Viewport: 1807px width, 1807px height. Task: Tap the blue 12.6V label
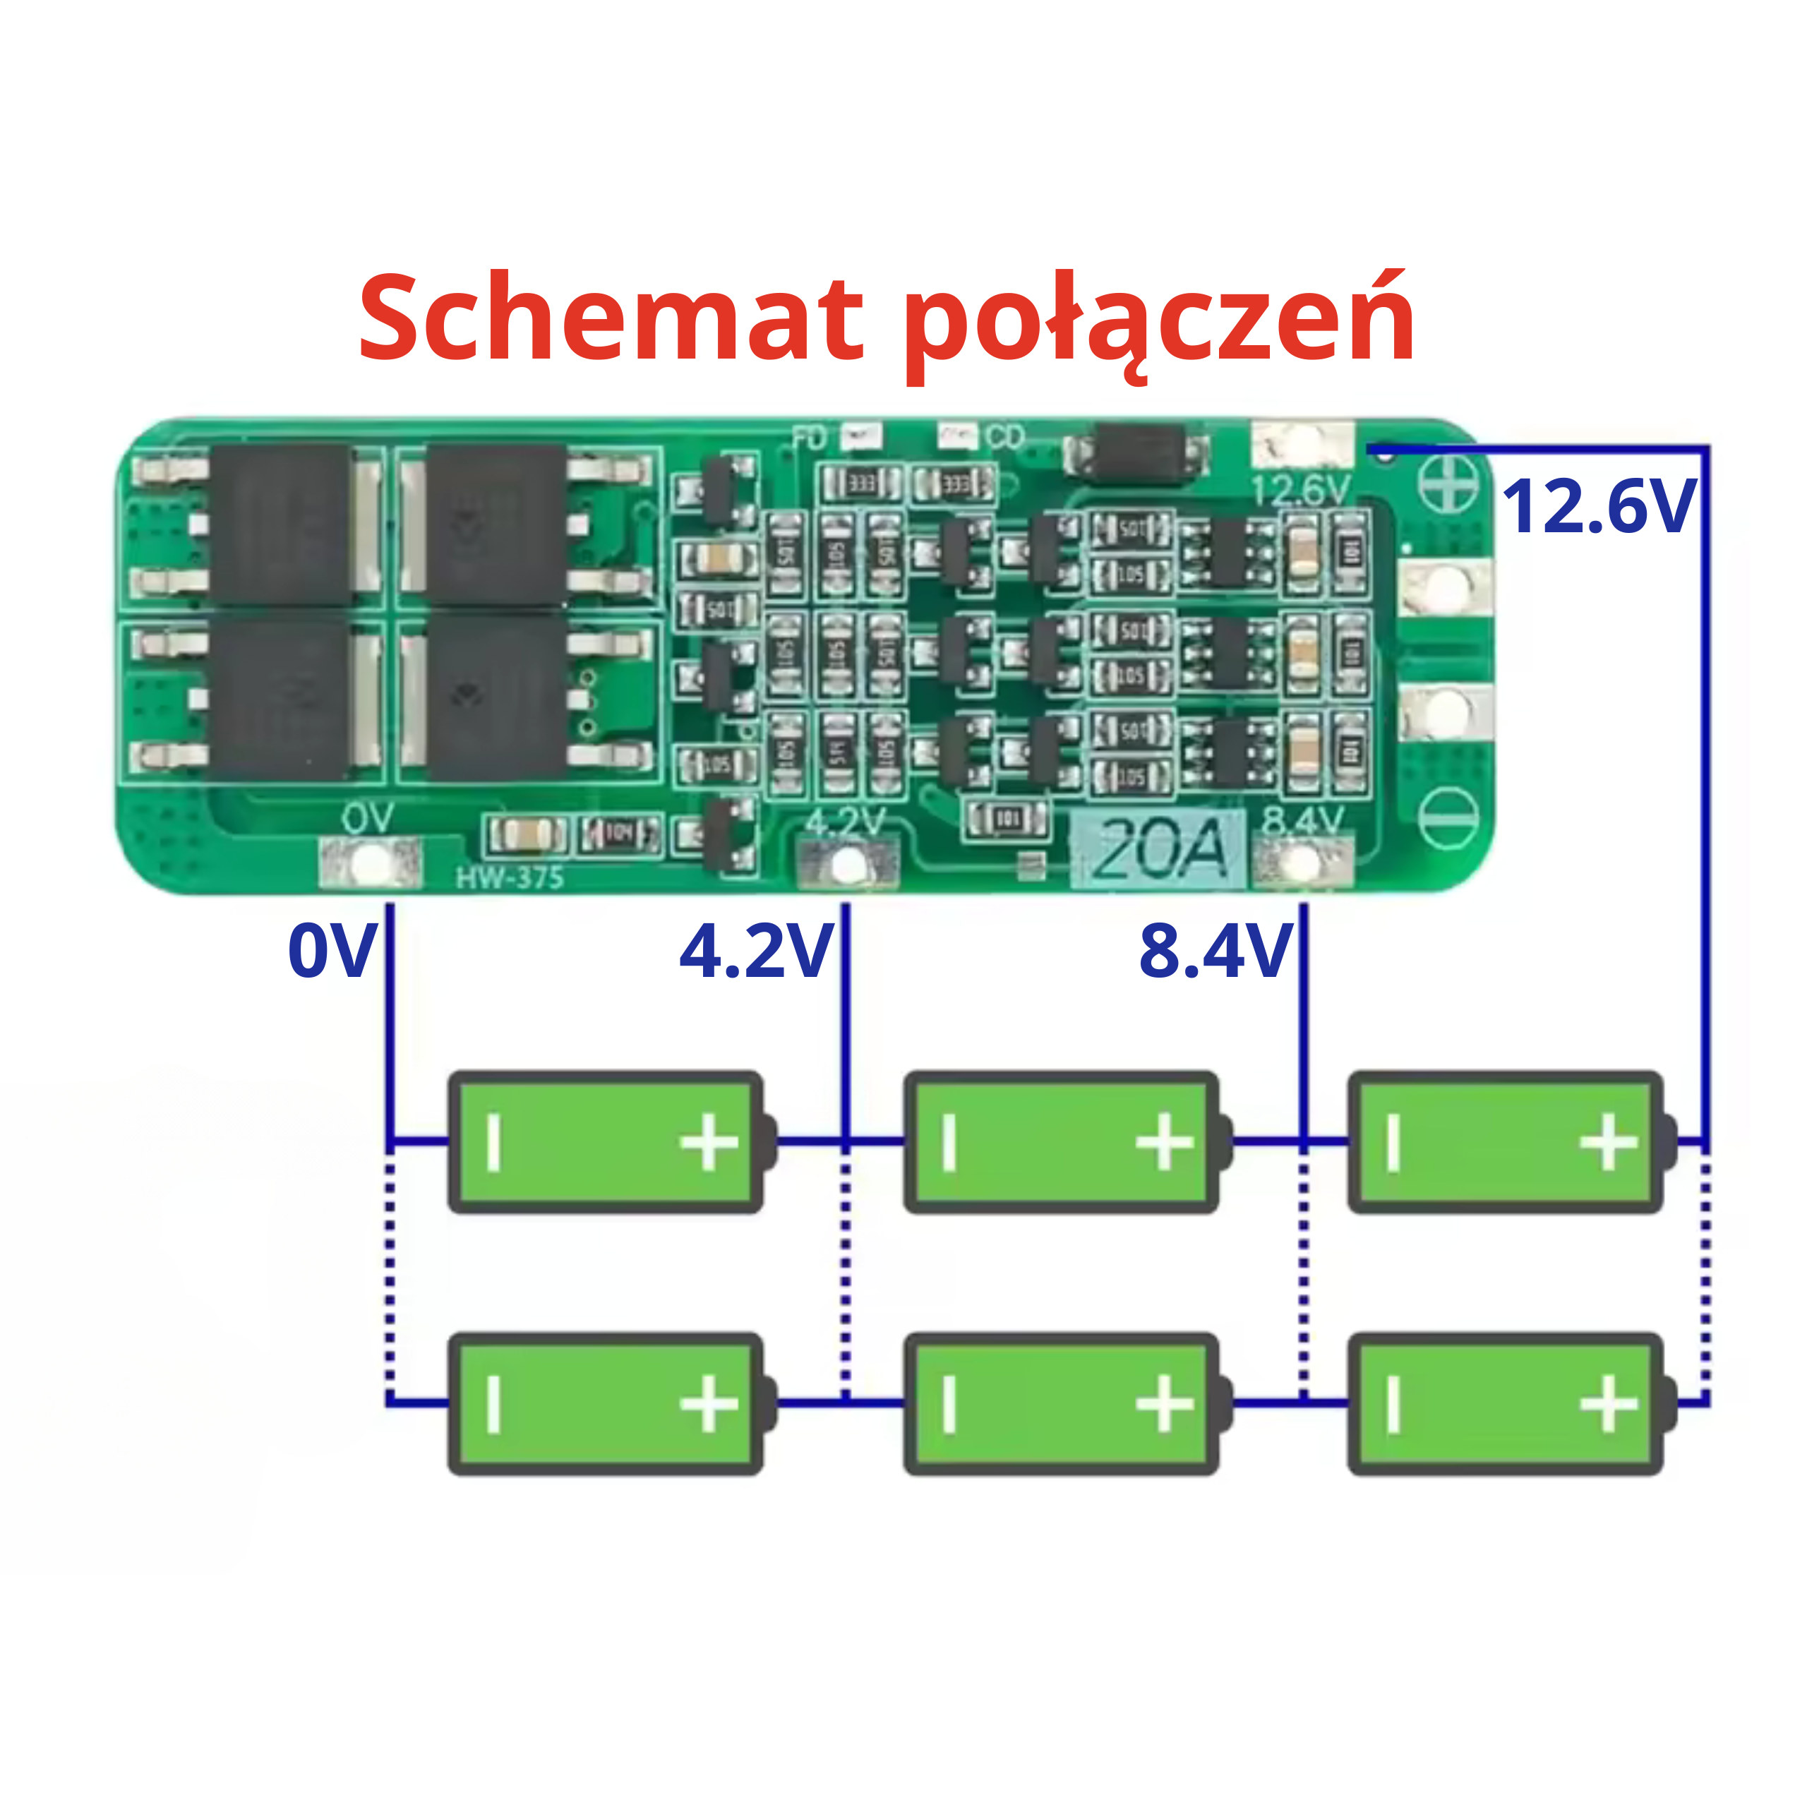point(1599,506)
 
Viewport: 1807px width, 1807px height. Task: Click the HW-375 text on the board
point(510,877)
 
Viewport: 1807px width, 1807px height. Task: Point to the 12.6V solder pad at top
point(1302,446)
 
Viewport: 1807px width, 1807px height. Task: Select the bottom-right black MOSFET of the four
point(496,696)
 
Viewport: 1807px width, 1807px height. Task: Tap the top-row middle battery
point(1062,1143)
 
